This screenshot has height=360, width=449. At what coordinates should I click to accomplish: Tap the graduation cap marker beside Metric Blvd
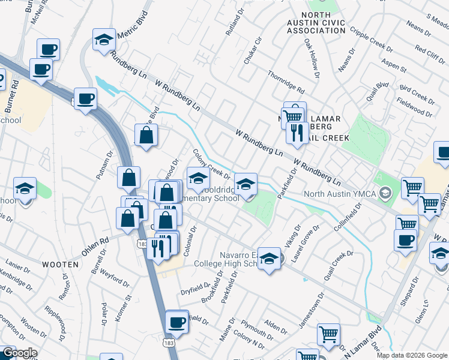click(x=104, y=41)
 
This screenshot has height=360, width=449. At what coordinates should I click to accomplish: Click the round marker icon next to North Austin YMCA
click(x=386, y=193)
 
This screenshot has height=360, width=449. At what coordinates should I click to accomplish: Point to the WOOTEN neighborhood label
click(x=60, y=264)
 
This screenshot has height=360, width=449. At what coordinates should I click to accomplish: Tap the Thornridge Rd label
click(x=286, y=83)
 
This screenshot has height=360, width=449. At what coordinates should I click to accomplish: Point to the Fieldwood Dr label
click(x=414, y=109)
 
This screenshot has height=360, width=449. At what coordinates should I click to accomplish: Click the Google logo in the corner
click(x=19, y=353)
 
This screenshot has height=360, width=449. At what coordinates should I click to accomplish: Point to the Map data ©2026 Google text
click(x=412, y=355)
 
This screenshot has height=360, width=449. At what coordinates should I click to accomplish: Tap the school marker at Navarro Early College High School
click(x=270, y=259)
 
